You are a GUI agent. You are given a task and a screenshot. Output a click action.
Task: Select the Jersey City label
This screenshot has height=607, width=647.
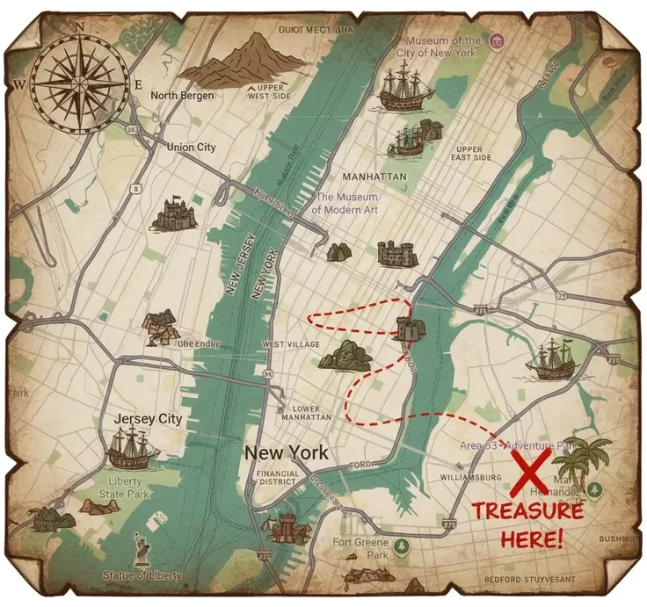[x=148, y=419]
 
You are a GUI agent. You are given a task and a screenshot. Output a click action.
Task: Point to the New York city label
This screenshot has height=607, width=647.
[x=287, y=453]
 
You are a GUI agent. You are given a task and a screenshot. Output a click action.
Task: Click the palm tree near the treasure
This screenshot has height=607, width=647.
[x=586, y=461]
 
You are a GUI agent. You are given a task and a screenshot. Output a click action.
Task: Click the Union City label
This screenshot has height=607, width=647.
[x=191, y=148]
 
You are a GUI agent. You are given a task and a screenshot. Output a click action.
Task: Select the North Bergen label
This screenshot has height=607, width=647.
[x=182, y=96]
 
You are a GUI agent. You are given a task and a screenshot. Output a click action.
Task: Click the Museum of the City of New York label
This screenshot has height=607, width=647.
[x=443, y=46]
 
